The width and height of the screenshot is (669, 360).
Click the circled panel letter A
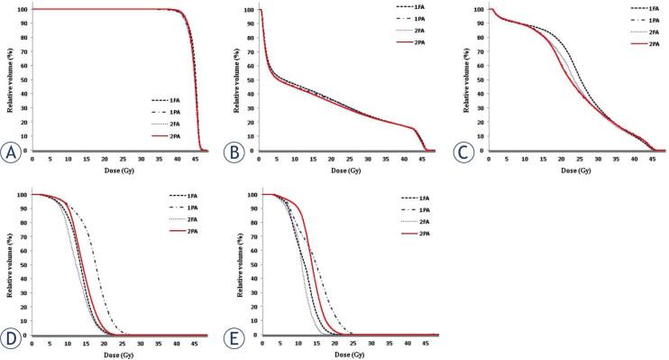13,151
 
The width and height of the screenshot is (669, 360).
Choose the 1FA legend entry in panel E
405,195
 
